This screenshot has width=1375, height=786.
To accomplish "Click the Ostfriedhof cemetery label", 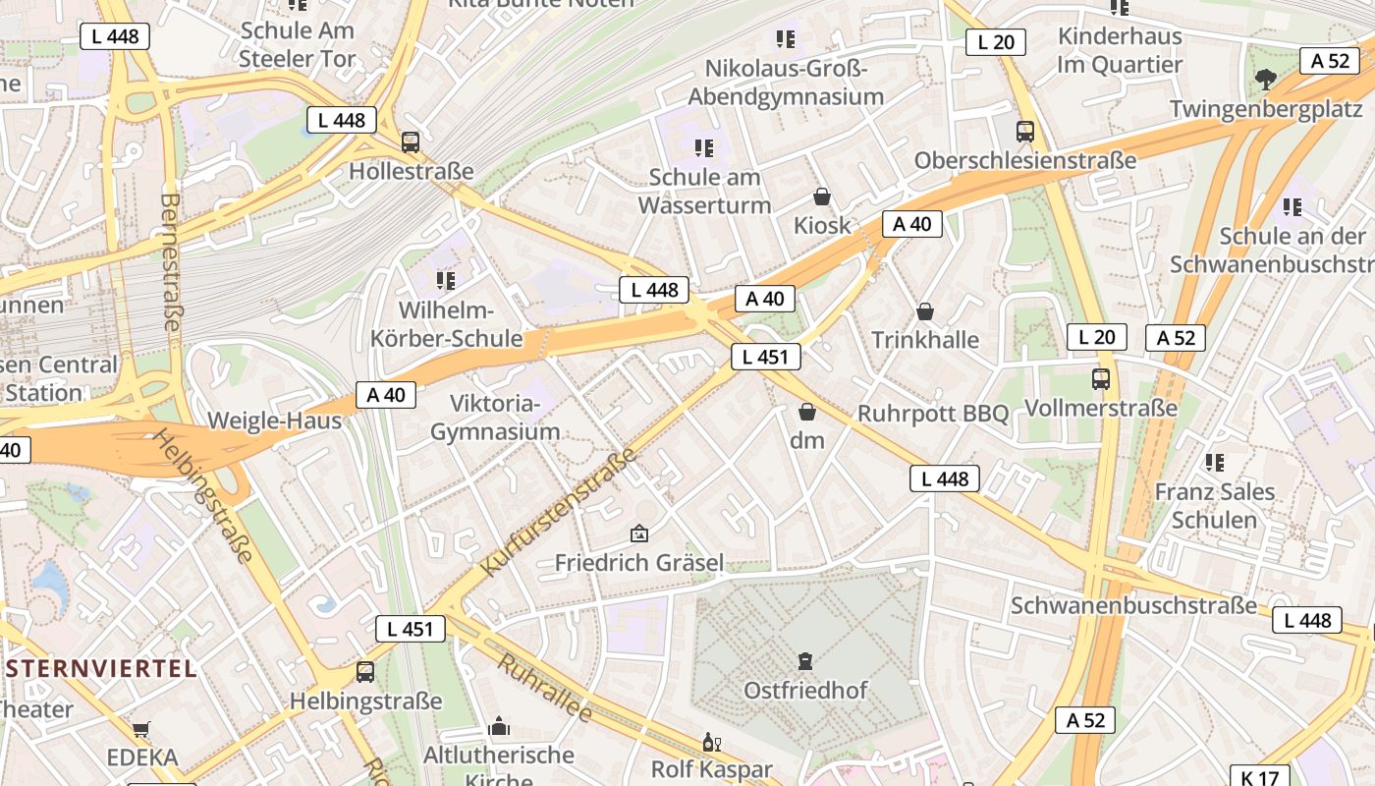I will (x=805, y=690).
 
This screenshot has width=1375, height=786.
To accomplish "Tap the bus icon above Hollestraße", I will (x=411, y=141).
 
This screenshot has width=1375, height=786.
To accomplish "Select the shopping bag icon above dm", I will (x=807, y=412).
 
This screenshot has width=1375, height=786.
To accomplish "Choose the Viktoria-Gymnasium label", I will (x=495, y=418).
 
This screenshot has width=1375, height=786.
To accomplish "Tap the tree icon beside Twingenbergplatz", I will (x=1265, y=79).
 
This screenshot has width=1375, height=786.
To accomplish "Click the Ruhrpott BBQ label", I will (x=933, y=414).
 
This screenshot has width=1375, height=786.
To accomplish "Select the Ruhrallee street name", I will (x=544, y=688).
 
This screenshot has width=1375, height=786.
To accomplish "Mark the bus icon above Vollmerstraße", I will (x=1101, y=378).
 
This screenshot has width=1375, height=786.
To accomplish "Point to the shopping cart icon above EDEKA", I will (x=141, y=729).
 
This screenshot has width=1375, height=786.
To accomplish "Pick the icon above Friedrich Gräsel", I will (x=639, y=533).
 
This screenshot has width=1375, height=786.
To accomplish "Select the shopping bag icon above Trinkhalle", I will (x=924, y=312).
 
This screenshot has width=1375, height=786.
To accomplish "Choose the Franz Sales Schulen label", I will (x=1214, y=505).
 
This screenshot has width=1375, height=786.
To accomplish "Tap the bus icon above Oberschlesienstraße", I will (x=1025, y=131).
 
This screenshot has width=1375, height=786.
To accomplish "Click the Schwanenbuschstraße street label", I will (x=1133, y=605).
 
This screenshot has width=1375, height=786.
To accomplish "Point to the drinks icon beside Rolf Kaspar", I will (x=711, y=742).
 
